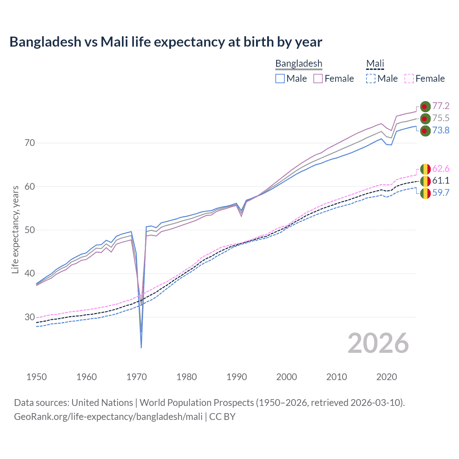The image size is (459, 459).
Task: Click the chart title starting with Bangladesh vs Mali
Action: (166, 42)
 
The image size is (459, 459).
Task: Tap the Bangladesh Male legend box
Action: (280, 79)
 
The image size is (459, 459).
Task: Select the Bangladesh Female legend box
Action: (318, 79)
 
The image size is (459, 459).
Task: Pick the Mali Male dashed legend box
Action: (371, 79)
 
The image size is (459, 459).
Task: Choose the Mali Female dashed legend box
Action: (409, 79)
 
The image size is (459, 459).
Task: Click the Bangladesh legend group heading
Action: (299, 63)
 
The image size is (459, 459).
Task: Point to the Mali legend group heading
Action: (375, 63)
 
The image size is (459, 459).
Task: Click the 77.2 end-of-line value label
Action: (441, 106)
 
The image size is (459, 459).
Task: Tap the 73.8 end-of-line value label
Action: (441, 130)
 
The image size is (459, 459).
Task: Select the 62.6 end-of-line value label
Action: (441, 169)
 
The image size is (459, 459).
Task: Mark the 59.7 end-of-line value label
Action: (441, 193)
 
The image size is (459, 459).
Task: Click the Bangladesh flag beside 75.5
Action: (425, 118)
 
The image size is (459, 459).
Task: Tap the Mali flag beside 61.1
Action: (425, 181)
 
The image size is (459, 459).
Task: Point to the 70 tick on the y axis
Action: (30, 143)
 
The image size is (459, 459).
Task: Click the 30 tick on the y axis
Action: (30, 317)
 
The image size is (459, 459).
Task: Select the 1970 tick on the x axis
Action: (137, 377)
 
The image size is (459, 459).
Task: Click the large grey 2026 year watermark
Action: (378, 343)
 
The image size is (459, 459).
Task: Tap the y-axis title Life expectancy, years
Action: (15, 229)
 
